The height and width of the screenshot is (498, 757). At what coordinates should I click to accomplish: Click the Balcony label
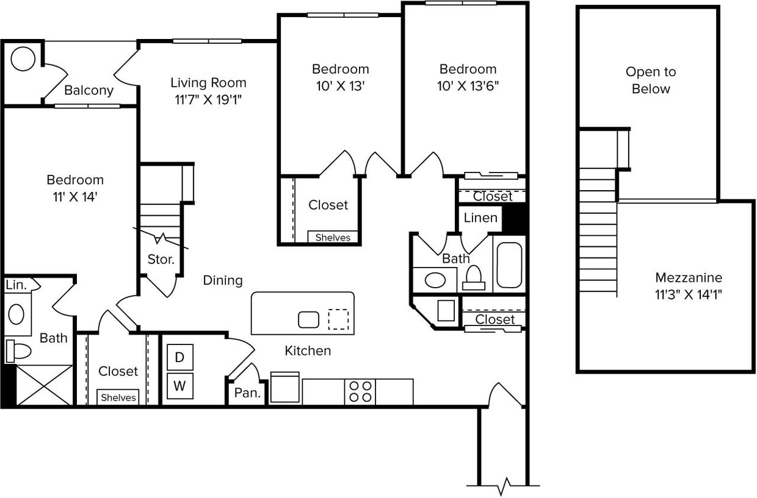click(89, 91)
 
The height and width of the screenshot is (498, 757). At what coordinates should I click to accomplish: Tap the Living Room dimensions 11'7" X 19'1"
click(208, 100)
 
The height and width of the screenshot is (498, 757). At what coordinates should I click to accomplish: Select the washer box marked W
click(179, 386)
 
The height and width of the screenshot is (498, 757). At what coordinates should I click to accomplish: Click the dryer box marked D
click(179, 357)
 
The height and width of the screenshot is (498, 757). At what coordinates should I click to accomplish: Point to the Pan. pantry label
click(247, 393)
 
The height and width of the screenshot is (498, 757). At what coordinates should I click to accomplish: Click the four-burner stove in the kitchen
click(360, 391)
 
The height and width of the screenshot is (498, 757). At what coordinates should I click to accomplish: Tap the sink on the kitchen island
click(308, 319)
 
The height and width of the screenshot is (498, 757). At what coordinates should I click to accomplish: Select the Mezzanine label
click(688, 278)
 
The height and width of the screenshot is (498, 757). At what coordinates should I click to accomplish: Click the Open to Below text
click(651, 80)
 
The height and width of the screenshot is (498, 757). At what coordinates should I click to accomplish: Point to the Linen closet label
click(480, 218)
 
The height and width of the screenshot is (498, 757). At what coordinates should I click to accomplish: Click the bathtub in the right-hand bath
click(509, 266)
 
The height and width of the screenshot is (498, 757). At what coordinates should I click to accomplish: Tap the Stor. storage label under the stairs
click(161, 259)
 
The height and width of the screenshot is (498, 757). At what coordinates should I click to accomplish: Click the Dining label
click(223, 280)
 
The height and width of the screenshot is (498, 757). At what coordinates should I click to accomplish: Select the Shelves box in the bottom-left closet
click(118, 397)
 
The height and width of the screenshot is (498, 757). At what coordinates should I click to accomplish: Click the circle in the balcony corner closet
click(23, 59)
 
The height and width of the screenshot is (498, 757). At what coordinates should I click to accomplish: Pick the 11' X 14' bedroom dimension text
click(75, 197)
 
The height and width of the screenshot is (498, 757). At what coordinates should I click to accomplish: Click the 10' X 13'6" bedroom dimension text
click(468, 86)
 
